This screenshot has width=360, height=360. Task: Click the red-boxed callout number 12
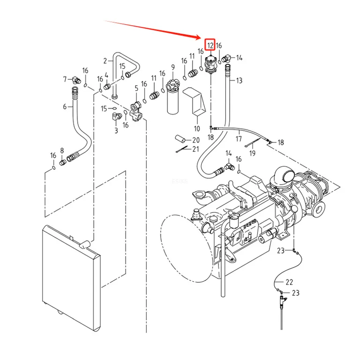tap(210, 45)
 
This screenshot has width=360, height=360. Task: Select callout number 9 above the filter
tap(173, 67)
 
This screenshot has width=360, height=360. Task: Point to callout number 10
tap(197, 128)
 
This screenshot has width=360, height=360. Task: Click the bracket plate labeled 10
tap(195, 101)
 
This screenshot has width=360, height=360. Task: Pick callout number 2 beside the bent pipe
tap(105, 61)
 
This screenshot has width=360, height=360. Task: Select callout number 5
tap(136, 89)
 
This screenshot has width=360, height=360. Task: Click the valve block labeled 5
tap(136, 112)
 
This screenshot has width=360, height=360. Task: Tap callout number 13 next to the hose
tap(239, 81)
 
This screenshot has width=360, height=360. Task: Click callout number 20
tap(196, 140)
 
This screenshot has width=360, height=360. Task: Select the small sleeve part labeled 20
tap(180, 139)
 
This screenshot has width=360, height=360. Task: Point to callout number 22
tap(289, 282)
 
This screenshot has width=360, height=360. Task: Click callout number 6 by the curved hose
tap(65, 106)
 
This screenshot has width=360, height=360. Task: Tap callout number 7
tap(65, 79)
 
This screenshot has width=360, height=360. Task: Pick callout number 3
tap(116, 130)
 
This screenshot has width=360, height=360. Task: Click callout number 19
tap(252, 153)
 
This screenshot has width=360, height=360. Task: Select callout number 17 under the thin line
tap(239, 139)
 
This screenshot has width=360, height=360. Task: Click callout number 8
tap(62, 150)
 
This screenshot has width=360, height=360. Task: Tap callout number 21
tap(195, 149)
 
